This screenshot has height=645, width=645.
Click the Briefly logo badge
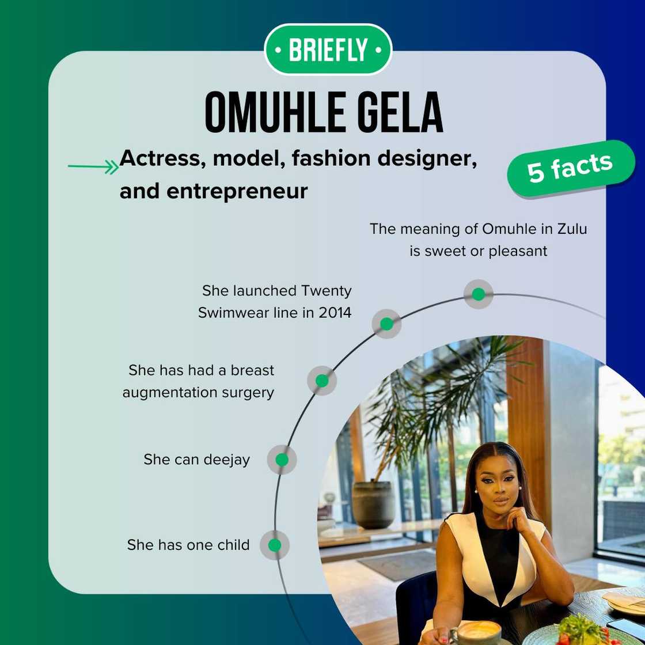328,50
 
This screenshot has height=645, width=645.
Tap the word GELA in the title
393,112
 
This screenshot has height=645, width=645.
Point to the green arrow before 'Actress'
93,167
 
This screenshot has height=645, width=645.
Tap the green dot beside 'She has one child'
275,545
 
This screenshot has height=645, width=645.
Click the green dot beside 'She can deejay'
282,460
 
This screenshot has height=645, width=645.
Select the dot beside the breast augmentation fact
322,381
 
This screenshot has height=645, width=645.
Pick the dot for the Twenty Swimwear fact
386,324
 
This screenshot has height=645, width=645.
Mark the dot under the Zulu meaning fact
478,294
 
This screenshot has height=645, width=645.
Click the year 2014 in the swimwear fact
334,313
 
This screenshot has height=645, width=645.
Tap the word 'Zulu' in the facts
572,229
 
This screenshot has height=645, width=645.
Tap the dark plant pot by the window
373,504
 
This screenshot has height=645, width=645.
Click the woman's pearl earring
477,491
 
